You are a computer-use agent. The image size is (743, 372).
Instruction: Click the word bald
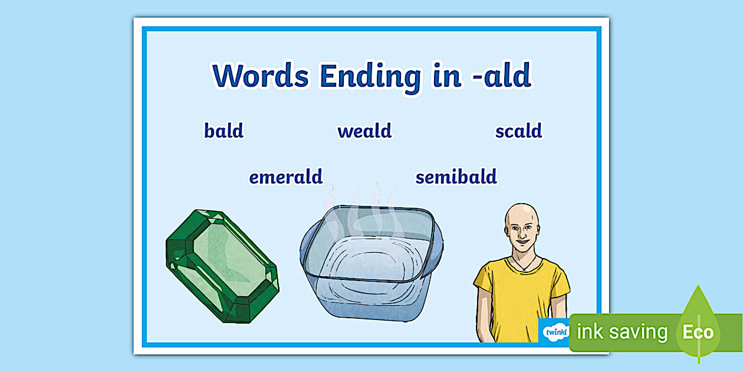coord(224,130)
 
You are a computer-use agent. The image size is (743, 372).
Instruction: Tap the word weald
coord(364,130)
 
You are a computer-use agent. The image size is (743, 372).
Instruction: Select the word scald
coord(519,130)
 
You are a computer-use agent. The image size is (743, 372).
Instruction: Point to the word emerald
coord(285,177)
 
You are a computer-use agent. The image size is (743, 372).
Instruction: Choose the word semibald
coord(456,177)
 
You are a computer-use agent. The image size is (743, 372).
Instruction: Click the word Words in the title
coord(261,76)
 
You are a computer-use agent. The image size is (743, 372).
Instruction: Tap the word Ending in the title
coord(370,79)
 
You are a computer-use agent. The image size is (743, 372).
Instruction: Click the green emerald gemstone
coord(222,266)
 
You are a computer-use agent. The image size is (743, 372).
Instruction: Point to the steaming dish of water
coord(371,262)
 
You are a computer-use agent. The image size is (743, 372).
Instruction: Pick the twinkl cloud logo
coord(555,331)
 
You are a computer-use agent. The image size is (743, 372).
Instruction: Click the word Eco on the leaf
coord(698,332)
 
